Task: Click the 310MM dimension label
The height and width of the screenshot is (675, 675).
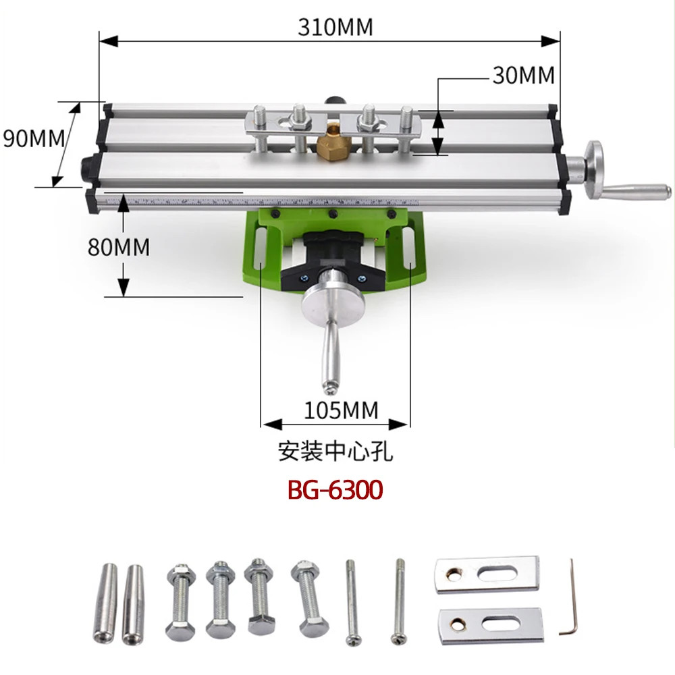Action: click(x=335, y=27)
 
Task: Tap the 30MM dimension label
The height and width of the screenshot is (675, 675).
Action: click(x=523, y=75)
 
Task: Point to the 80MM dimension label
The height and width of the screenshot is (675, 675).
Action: click(x=118, y=246)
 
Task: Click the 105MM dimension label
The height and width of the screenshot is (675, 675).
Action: click(x=341, y=409)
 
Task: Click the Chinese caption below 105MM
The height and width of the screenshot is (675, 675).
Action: click(x=335, y=450)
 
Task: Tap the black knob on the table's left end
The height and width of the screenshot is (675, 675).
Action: click(x=86, y=167)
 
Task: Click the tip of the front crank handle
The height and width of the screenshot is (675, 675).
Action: click(x=329, y=387)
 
